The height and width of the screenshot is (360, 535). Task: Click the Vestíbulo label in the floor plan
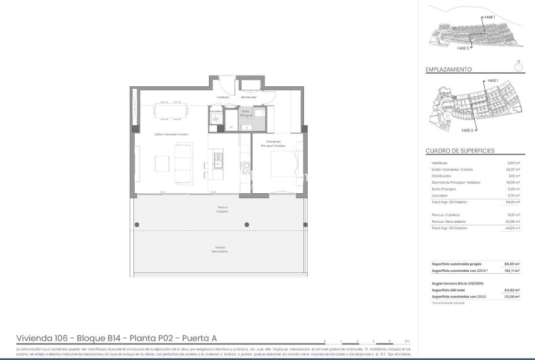pyautogui.click(x=223, y=98)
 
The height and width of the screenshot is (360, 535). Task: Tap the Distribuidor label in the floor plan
pyautogui.click(x=249, y=98)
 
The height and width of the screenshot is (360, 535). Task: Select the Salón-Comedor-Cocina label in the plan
pyautogui.click(x=172, y=135)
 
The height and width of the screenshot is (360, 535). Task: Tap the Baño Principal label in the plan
pyautogui.click(x=246, y=113)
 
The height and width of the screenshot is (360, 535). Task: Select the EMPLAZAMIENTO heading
pyautogui.click(x=448, y=70)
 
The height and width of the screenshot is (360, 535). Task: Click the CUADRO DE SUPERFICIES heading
pyautogui.click(x=459, y=151)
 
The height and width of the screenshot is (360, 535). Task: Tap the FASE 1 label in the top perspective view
pyautogui.click(x=490, y=16)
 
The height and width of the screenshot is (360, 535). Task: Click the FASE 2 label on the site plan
pyautogui.click(x=467, y=130)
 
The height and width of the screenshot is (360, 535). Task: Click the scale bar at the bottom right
pyautogui.click(x=365, y=340)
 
